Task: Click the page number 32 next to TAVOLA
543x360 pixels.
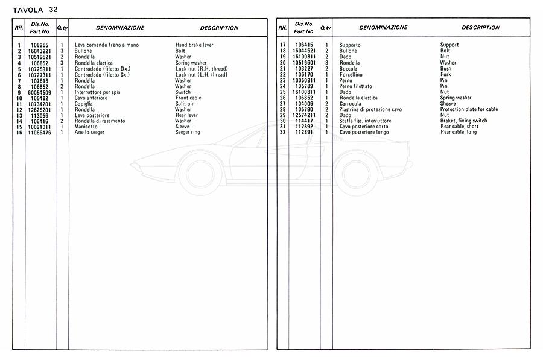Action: click(x=54, y=9)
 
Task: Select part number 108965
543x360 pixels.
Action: click(x=40, y=45)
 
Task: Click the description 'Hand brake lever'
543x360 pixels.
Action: click(x=194, y=45)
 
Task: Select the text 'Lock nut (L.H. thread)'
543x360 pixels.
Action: click(x=201, y=75)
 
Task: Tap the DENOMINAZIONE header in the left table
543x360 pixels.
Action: click(x=120, y=28)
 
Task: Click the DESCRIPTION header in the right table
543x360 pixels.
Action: click(x=480, y=28)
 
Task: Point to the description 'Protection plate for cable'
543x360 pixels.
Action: click(x=469, y=109)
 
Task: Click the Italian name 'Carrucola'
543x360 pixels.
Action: click(x=351, y=104)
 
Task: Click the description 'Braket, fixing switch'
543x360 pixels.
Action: click(x=463, y=121)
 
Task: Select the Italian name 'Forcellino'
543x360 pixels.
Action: click(x=353, y=75)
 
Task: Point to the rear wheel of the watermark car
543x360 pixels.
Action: click(x=357, y=171)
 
